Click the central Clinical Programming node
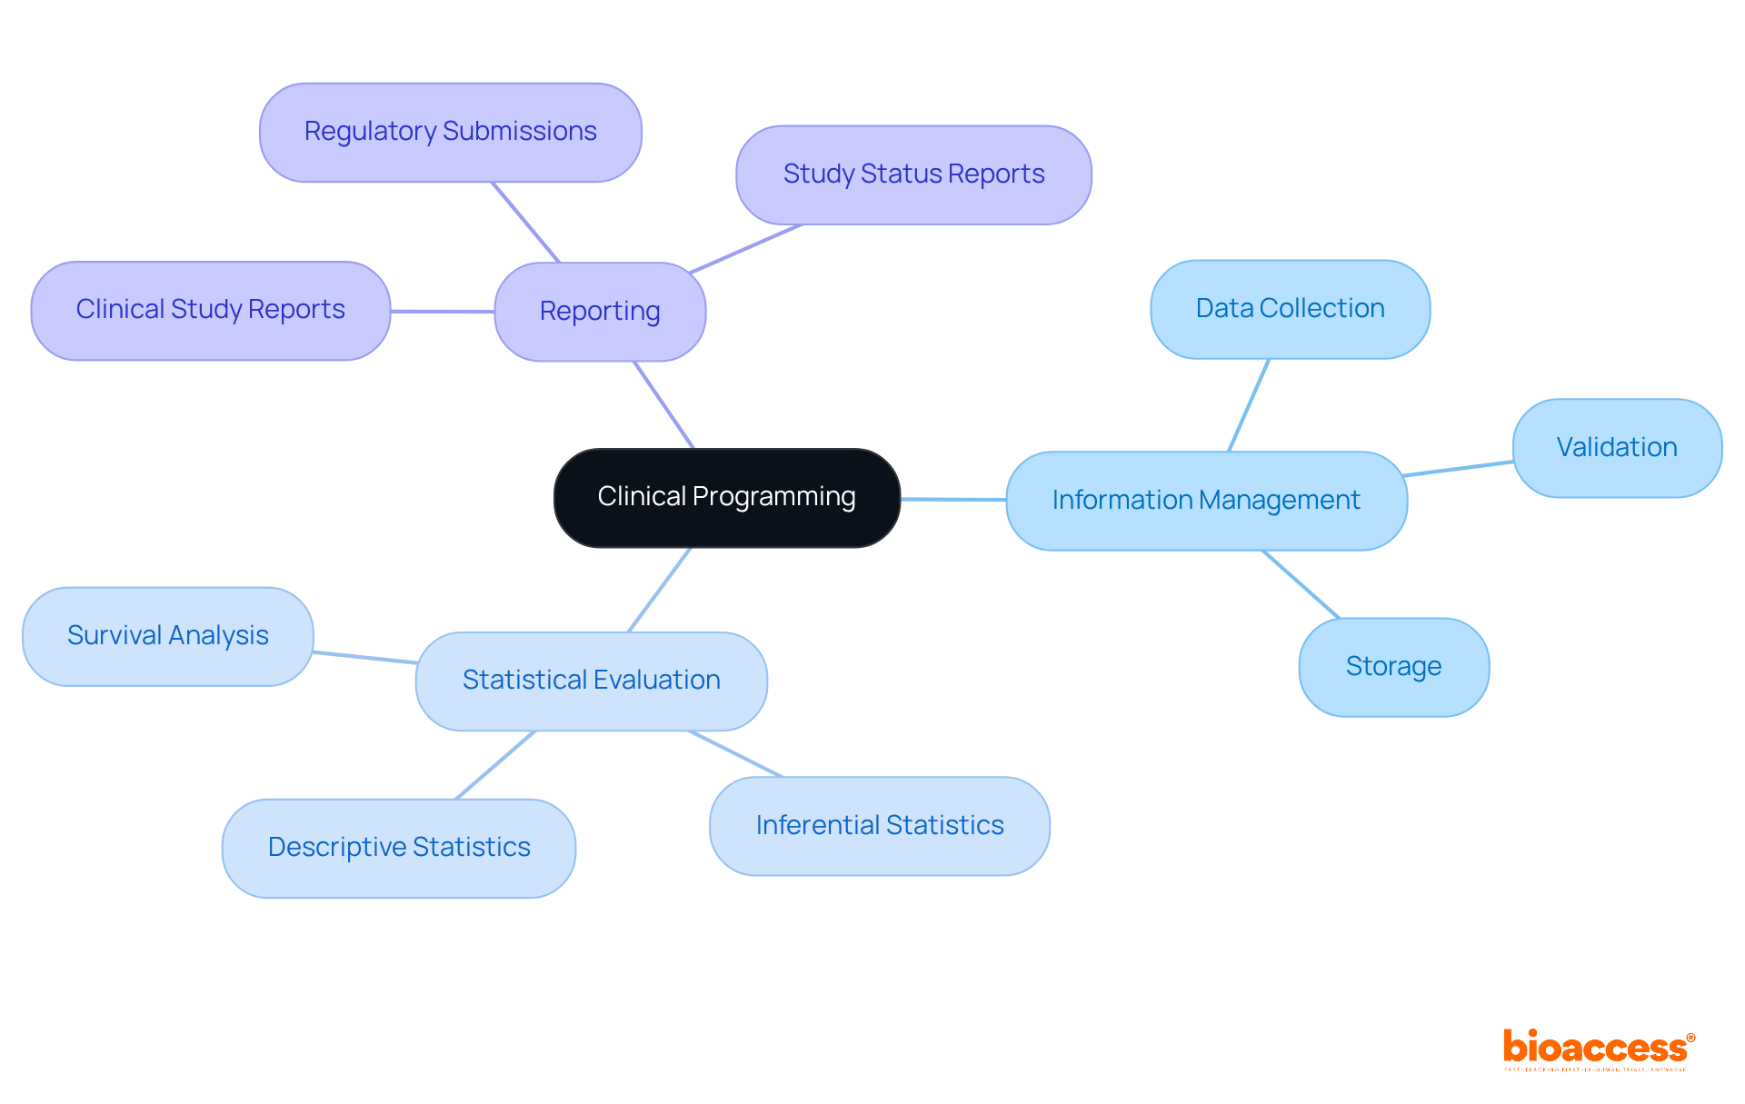click(x=726, y=498)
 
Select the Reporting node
click(x=600, y=312)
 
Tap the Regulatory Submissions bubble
click(x=450, y=133)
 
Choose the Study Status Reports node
click(x=913, y=174)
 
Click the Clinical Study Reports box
click(x=210, y=311)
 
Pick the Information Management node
click(x=1206, y=501)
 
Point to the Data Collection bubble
click(x=1290, y=310)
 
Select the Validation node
click(x=1617, y=448)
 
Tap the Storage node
click(x=1393, y=667)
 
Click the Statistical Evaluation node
click(x=591, y=681)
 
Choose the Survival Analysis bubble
click(x=168, y=636)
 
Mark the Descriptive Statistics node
click(x=399, y=848)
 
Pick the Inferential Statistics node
click(x=879, y=826)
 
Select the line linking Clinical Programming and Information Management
click(x=952, y=499)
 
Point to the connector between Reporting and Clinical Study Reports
click(x=443, y=312)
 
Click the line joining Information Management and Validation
click(x=1459, y=469)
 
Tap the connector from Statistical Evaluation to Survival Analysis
click(x=364, y=657)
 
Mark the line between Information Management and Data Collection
click(x=1249, y=405)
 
